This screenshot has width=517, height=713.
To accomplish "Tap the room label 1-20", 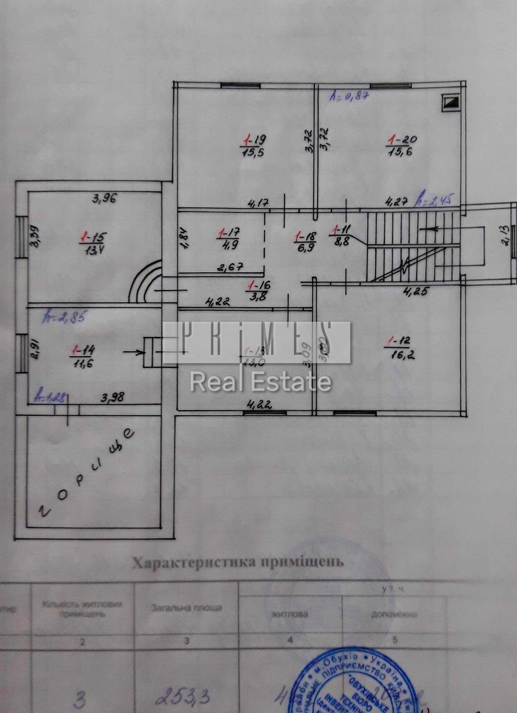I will tap(402, 140).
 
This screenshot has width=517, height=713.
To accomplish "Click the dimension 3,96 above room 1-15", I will tap(103, 198).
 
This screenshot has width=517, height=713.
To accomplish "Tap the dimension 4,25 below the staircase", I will tap(417, 291).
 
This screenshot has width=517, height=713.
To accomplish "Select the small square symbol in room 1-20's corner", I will tap(451, 102).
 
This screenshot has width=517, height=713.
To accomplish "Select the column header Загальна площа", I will tap(186, 608).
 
